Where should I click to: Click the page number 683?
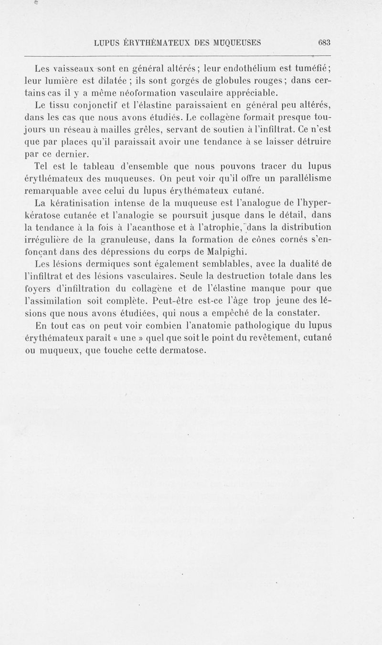[x=324, y=42]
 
